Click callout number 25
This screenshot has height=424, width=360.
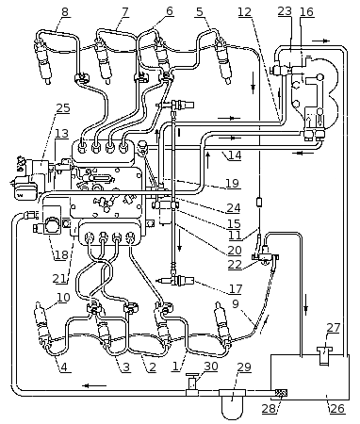point(63,108)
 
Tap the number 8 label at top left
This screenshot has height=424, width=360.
point(65,12)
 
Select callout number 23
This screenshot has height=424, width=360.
point(285,11)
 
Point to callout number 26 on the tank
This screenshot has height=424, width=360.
point(337,408)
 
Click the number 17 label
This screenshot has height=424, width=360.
point(236,288)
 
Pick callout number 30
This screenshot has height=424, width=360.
point(210,367)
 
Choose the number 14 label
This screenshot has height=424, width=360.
point(235,155)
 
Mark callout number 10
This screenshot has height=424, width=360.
point(63,297)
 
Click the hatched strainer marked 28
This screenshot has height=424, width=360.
point(282,393)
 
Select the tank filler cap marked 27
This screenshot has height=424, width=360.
point(324,355)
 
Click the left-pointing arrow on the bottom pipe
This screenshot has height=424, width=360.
point(94,385)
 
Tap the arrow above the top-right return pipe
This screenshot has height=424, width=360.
point(321,41)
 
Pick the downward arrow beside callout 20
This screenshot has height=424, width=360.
point(179,242)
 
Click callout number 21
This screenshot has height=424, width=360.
point(60,278)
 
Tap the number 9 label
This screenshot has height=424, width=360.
point(236,303)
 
